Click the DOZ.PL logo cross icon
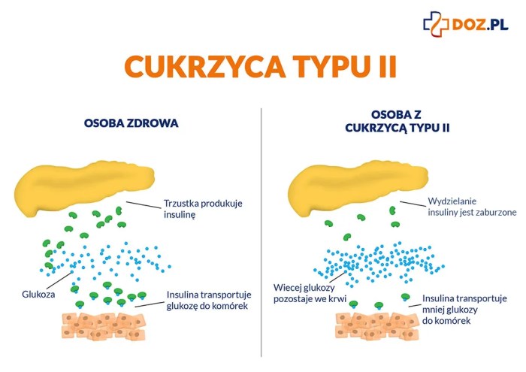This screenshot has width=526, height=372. coord(436,24)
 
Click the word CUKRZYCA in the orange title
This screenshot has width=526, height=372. coord(204,66)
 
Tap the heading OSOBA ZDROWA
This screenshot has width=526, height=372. coord(131,123)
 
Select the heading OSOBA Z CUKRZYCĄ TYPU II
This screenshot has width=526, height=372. coord(398,121)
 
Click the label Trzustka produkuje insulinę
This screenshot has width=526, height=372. coord(203,209)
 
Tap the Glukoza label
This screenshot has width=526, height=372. coord(38,294)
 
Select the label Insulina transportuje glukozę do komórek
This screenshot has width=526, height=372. coord(209,300)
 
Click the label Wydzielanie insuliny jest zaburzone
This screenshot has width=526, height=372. coord(472,207)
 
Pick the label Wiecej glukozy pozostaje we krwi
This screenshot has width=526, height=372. coord(310,293)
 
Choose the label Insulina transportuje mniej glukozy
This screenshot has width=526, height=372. coord(464,310)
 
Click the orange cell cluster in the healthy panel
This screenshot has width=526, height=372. coord(104,325)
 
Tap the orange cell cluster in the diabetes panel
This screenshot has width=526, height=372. coord(377,325)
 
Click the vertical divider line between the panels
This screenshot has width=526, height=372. coord(261,232)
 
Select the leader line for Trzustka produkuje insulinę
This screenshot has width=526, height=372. coord(144,204)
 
